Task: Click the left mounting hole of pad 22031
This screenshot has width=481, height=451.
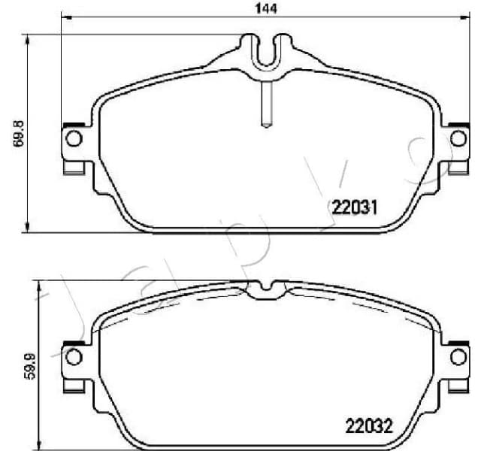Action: pos(73,138)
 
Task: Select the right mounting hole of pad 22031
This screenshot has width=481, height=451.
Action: pos(457,138)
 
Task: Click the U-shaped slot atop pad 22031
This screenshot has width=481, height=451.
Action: pos(265,51)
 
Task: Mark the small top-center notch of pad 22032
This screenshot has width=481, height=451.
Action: pos(262,286)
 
